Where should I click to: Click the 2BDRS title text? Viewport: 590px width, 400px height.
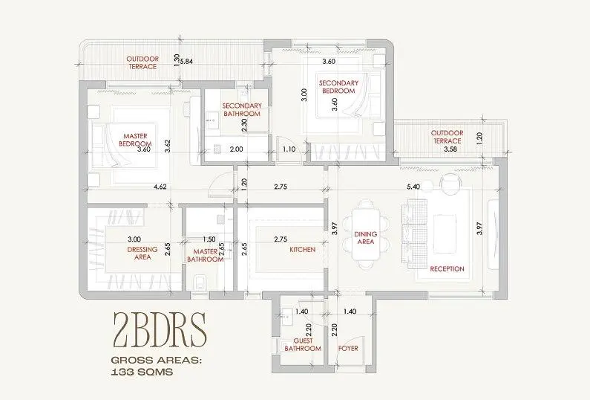[x=160, y=330]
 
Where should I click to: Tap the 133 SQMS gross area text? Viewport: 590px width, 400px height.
[x=142, y=372]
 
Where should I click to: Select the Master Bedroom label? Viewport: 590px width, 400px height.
[x=136, y=140]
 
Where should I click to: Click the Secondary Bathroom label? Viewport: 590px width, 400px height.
[x=242, y=110]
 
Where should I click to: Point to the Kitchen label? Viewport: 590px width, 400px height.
[x=303, y=250]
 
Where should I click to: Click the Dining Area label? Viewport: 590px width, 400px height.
[x=365, y=238]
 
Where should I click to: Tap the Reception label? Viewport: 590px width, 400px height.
[x=447, y=269]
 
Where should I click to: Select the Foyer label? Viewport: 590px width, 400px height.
[x=348, y=349]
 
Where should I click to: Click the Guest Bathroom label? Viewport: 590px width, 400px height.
[x=303, y=344]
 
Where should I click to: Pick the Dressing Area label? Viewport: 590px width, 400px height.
[x=142, y=254]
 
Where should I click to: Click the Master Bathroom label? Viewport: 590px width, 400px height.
[x=206, y=256]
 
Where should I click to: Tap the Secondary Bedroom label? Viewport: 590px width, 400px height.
[x=338, y=87]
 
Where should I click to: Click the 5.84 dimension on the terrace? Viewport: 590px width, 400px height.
[x=186, y=61]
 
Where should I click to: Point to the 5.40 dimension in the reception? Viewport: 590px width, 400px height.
[x=413, y=187]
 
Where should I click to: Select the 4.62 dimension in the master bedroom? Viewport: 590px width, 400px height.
[x=160, y=187]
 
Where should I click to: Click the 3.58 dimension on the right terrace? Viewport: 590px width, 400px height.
[x=450, y=149]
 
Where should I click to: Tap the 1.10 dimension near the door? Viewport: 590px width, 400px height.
[x=289, y=149]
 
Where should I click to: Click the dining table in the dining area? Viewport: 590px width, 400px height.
[x=365, y=234]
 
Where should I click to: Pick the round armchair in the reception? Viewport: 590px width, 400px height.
[x=450, y=184]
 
